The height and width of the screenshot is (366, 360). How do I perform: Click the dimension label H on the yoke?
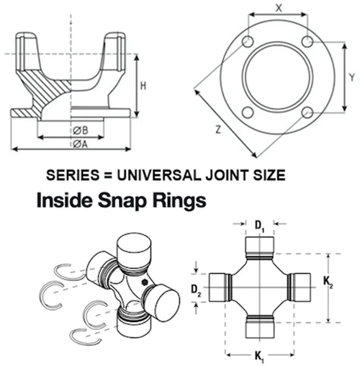(144, 86)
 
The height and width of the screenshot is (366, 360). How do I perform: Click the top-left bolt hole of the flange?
(248, 42)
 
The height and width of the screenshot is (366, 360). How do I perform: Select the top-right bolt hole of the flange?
(307, 42)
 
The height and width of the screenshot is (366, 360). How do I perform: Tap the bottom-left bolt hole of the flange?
(248, 112)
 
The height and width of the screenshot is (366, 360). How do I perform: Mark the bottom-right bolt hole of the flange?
(307, 112)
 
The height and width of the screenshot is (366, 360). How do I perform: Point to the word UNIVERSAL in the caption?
(153, 174)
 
